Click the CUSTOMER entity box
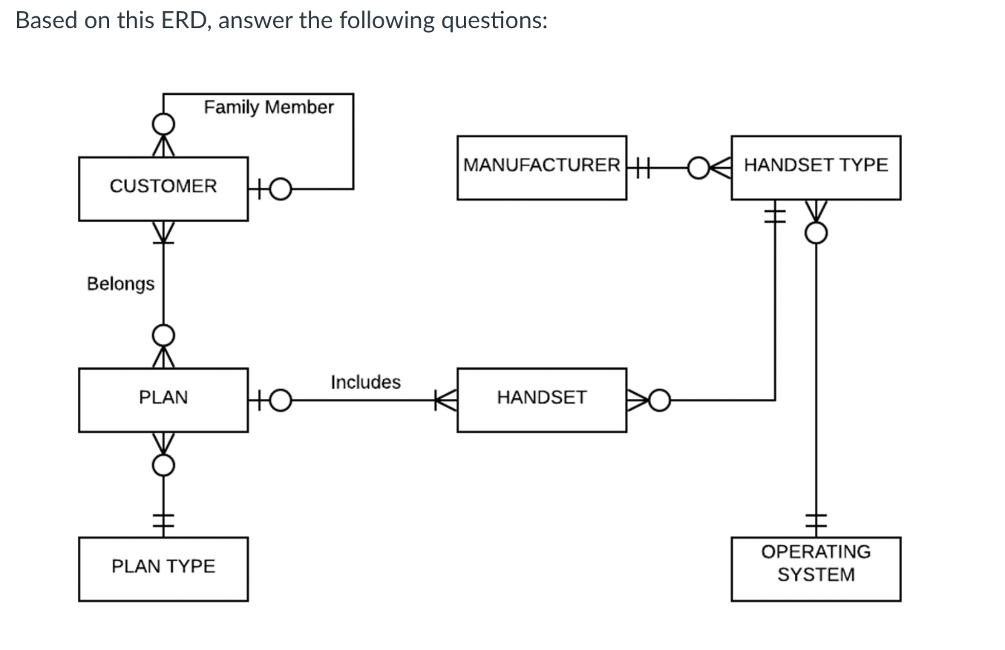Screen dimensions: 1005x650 163,188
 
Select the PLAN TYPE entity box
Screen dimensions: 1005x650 163,568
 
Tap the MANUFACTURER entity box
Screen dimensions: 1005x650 541,167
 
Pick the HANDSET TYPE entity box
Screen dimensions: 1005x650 815,167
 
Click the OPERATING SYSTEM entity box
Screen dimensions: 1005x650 815,568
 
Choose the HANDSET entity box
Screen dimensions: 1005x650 541,399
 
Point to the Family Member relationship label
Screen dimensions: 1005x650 269,108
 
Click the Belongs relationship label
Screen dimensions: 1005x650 120,283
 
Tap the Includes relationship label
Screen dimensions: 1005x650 365,382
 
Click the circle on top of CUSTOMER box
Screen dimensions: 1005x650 164,122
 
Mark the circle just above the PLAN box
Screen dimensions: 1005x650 164,335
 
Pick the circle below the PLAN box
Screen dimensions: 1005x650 164,465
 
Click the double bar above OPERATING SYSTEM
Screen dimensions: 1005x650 816,522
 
